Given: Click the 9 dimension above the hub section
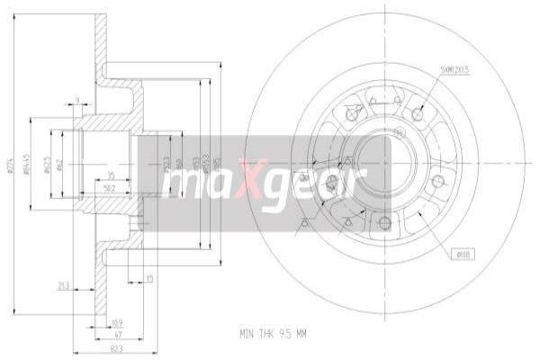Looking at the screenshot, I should coord(78,99).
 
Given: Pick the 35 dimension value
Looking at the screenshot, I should coord(110,175).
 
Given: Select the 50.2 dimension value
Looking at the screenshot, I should coord(110,189).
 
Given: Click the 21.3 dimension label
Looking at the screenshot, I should coord(63,285).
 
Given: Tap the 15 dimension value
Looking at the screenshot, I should coord(149,278).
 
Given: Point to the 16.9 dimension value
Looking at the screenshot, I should coord(117,320).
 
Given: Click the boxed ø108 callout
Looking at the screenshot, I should coord(463,256).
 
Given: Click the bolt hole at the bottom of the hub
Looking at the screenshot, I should coord(385,223).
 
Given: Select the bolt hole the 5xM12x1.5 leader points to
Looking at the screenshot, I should coord(418,114).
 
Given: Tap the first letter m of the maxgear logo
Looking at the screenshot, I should coord(177,183).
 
